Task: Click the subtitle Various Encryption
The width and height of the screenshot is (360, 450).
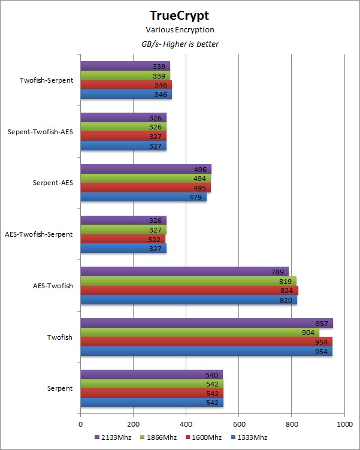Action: (x=180, y=30)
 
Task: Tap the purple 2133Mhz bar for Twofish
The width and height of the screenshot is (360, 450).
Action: (x=206, y=324)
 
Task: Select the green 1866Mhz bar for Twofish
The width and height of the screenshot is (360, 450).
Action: (x=199, y=333)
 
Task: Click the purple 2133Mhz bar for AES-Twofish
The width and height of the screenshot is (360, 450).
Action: (x=184, y=272)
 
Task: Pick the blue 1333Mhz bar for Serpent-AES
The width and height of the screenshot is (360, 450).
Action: (x=143, y=197)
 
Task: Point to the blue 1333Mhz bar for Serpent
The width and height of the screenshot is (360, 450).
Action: (x=152, y=403)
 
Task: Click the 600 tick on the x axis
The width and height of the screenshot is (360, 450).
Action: (x=239, y=424)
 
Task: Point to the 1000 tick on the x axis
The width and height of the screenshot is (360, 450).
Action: (x=344, y=424)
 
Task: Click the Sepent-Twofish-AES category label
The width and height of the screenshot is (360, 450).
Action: (x=41, y=132)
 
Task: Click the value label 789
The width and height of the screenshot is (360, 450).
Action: (x=277, y=272)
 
